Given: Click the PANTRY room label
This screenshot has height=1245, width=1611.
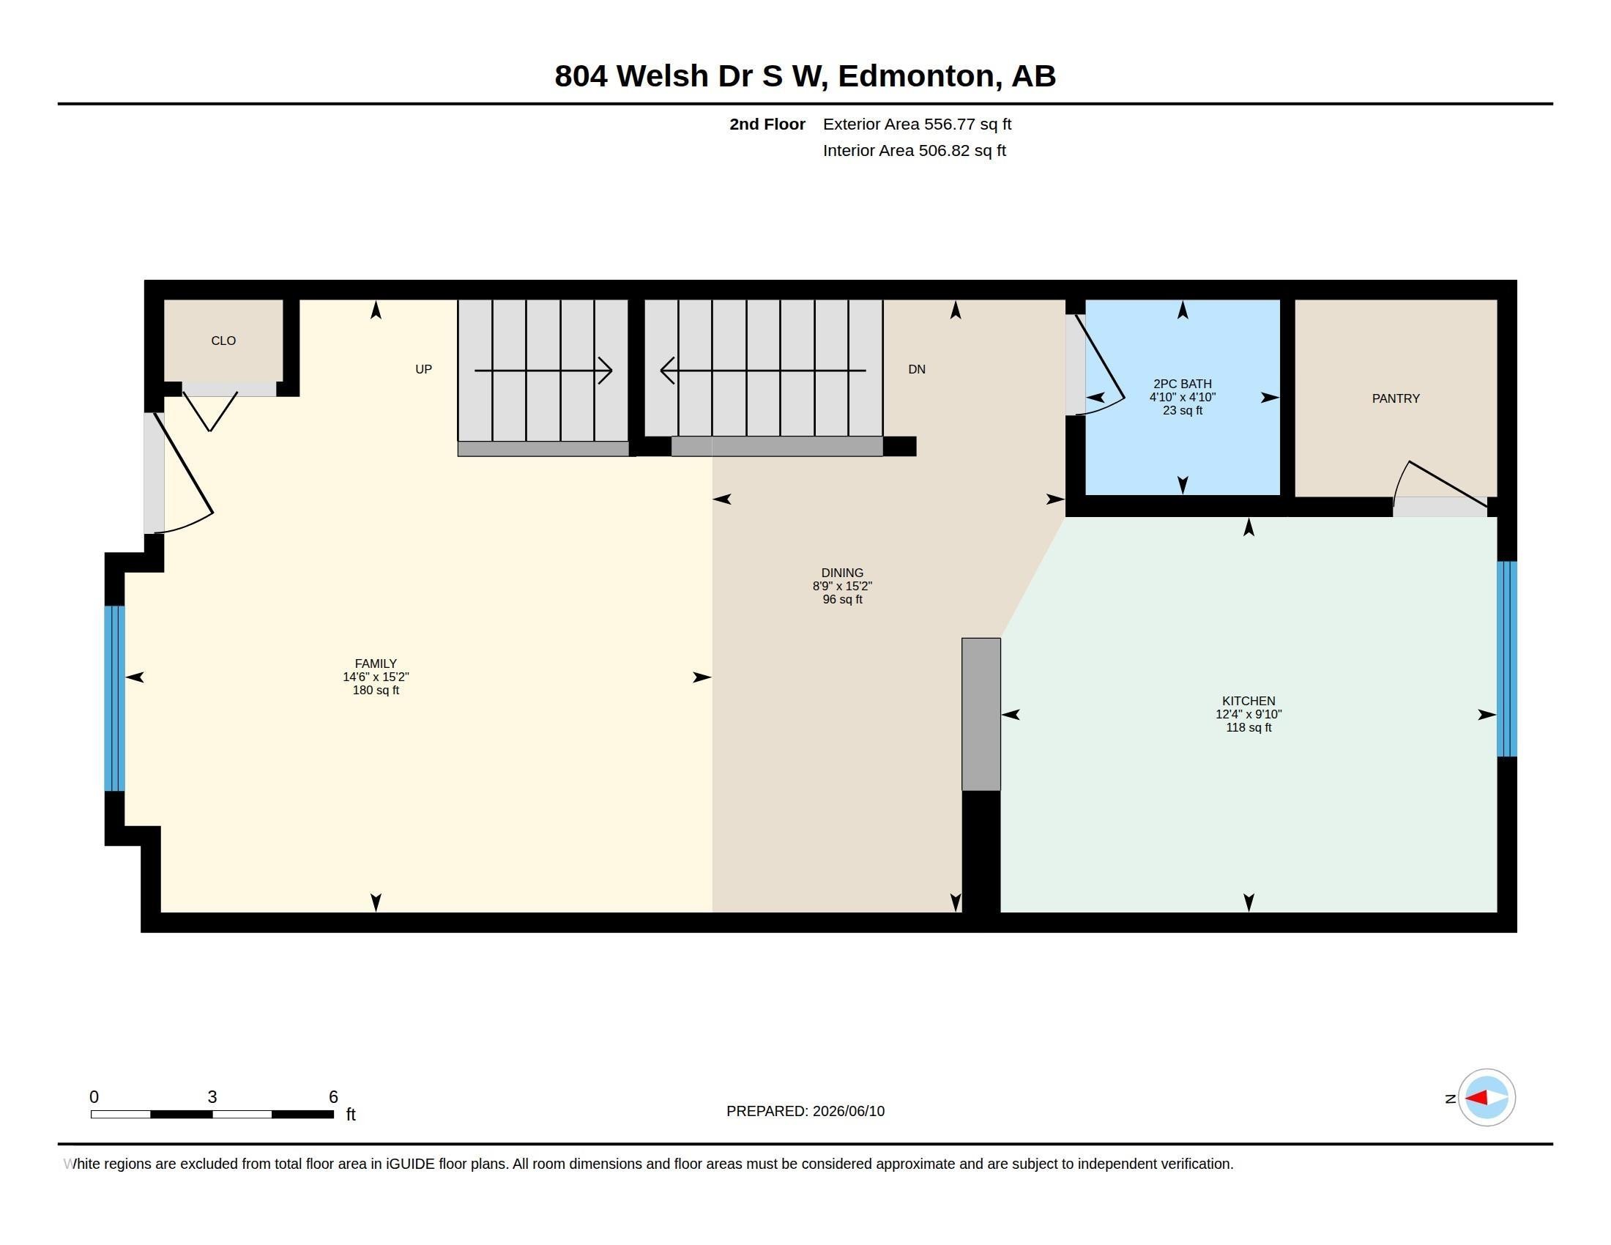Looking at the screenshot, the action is [x=1396, y=398].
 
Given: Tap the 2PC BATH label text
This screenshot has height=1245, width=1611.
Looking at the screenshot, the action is [x=1183, y=384].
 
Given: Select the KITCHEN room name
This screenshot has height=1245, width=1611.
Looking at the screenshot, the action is [x=1249, y=701].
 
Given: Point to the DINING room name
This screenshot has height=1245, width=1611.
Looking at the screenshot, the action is [x=842, y=573].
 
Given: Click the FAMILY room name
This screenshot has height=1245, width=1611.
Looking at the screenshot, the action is [x=376, y=664].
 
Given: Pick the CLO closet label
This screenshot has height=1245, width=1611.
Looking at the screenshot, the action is [x=223, y=341].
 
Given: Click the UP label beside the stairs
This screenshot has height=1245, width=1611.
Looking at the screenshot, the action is [x=423, y=369].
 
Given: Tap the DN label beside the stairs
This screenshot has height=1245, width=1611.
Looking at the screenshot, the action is [x=917, y=369].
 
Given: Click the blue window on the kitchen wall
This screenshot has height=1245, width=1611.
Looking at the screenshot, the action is [x=1506, y=659].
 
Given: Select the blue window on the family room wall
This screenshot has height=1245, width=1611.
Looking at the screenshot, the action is [x=115, y=699].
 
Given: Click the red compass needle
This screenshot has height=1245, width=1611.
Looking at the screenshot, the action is [x=1476, y=1099].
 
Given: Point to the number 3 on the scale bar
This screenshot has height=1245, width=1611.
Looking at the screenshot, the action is [x=212, y=1097].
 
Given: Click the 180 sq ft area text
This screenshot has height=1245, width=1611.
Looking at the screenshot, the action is [x=376, y=691].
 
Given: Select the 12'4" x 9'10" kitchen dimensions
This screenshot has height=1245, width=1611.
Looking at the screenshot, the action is [x=1249, y=714].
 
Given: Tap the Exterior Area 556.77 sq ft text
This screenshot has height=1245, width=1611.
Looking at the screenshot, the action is [x=917, y=124].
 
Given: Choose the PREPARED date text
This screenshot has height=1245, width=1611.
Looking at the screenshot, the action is [x=805, y=1111].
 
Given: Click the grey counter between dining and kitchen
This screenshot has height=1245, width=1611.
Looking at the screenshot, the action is [x=981, y=714].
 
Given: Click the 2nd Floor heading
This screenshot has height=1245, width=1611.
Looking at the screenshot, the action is [x=767, y=124].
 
